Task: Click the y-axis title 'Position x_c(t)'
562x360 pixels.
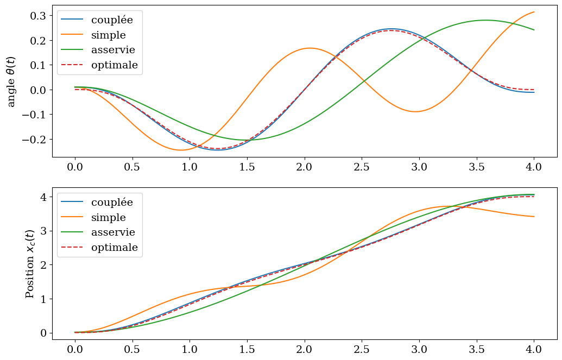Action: (30, 263)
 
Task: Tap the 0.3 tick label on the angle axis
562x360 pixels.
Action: (38, 15)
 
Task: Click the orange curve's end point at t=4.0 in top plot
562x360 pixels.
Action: (534, 12)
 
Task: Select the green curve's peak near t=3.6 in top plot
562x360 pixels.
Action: (485, 20)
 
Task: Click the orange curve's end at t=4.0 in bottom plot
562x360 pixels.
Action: (534, 217)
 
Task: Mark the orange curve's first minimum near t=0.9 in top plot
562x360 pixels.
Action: (181, 150)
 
